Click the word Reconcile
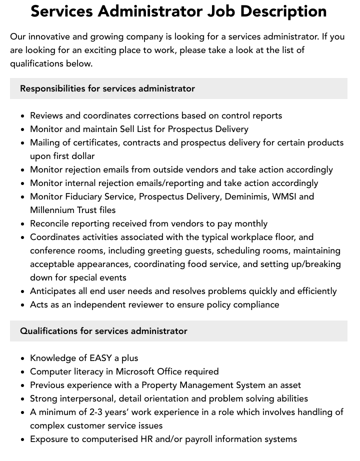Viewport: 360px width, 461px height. [51, 223]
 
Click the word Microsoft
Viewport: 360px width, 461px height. [136, 371]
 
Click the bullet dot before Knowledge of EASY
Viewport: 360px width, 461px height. [22, 358]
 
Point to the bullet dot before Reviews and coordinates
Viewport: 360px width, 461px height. [22, 116]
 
